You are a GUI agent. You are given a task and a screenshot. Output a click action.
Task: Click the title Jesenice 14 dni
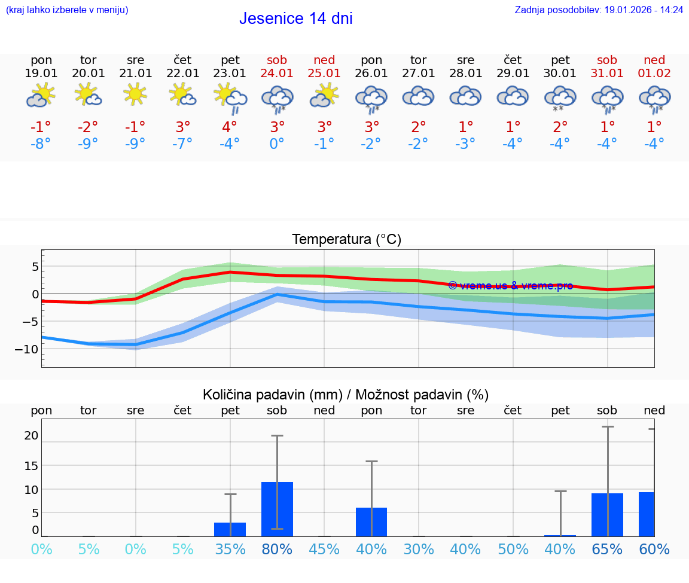[x=295, y=19]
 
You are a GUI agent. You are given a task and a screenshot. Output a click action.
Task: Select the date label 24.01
[x=277, y=74]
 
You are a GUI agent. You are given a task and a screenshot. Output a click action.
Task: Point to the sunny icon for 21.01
[x=135, y=94]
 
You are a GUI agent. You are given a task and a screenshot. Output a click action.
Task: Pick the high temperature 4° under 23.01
[x=230, y=127]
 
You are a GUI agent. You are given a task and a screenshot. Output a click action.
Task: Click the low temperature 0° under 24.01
[x=277, y=144]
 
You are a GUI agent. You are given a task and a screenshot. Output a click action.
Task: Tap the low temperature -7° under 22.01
[x=182, y=144]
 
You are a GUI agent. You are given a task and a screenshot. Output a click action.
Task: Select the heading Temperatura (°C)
[x=346, y=240]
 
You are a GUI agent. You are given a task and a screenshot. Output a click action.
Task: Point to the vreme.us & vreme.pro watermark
[x=510, y=286]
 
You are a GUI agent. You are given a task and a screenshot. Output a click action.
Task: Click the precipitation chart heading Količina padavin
[x=346, y=395]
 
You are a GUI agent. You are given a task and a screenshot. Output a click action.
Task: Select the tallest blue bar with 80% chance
[x=277, y=509]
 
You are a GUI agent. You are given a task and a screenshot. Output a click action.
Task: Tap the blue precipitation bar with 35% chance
[x=230, y=529]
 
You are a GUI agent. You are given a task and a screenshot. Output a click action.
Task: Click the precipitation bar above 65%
[x=607, y=514]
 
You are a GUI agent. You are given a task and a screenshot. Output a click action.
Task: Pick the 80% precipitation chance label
[x=277, y=549]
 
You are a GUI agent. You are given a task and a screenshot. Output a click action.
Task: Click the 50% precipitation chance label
[x=513, y=549]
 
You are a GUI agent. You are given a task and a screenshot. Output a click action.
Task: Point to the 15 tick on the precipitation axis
[x=31, y=465]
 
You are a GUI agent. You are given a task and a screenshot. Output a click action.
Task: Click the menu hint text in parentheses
[x=66, y=10]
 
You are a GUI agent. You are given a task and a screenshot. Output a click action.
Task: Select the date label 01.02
[x=654, y=74]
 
